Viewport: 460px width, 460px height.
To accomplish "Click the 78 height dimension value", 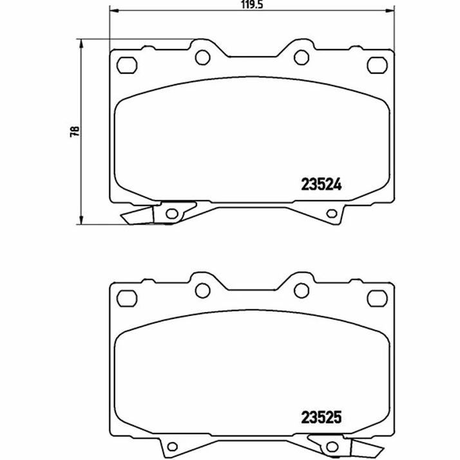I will (74, 131).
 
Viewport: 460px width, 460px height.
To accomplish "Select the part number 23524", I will (321, 183).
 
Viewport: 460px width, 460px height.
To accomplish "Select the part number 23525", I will (321, 417).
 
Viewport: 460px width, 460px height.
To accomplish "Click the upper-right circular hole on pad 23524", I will (300, 57).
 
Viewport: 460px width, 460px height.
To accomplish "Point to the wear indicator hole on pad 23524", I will (171, 214).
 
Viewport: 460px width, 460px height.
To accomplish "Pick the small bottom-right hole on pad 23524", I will (332, 214).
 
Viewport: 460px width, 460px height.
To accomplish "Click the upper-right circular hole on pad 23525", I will (300, 291).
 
